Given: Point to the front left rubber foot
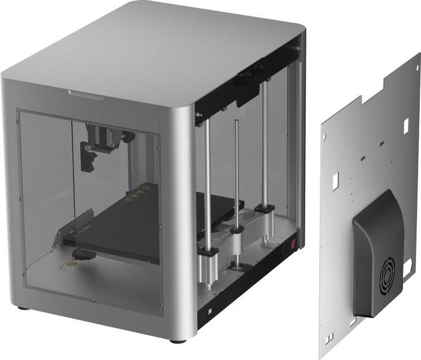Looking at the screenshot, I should click(22, 307).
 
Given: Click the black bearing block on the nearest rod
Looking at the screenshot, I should click(208, 252).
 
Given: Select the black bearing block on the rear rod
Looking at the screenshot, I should click(265, 208).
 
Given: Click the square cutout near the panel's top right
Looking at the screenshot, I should click(406, 125).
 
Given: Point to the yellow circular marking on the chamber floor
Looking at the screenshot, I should click(73, 264).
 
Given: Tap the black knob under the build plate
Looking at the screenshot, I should click(85, 255).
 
